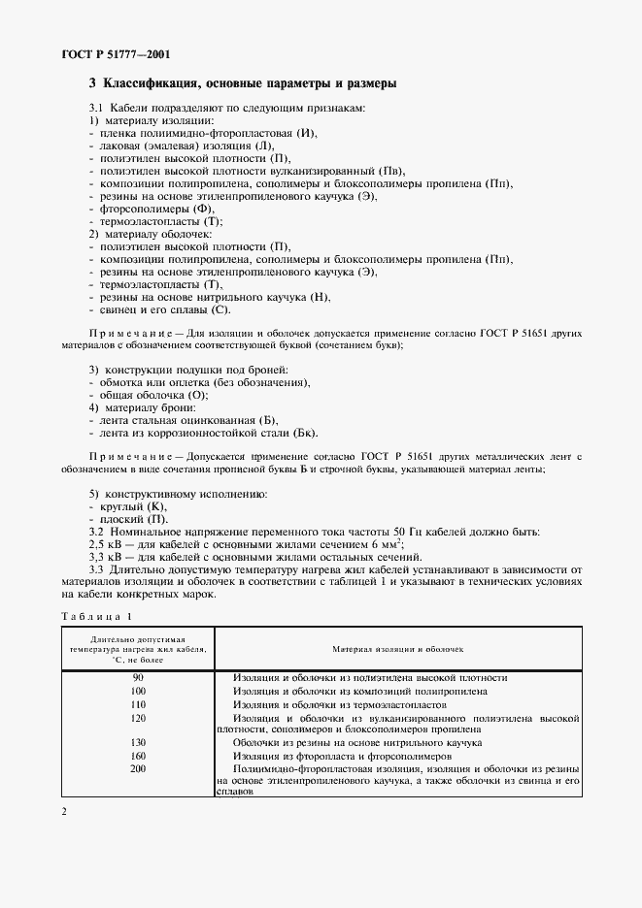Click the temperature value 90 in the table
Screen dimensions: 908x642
(x=137, y=677)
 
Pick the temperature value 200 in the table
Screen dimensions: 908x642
(x=137, y=767)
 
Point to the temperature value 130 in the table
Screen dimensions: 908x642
(x=137, y=741)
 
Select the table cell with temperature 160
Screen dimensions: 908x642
(x=137, y=754)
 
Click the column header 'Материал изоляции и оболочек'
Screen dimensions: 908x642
(x=398, y=647)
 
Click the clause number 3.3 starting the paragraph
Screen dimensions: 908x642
(x=97, y=570)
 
